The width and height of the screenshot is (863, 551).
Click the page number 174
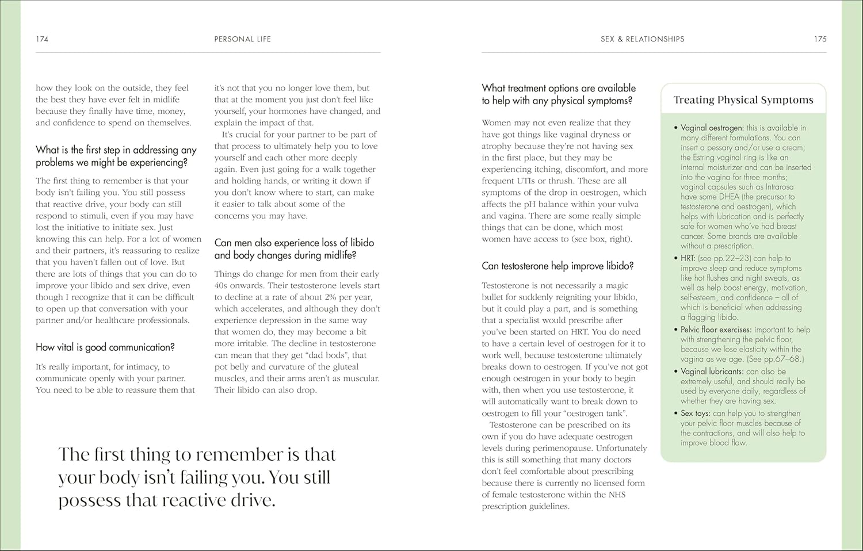point(42,39)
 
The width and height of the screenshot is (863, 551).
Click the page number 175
point(820,39)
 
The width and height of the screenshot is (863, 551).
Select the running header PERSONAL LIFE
point(242,39)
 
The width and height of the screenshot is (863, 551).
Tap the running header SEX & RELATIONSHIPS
point(642,39)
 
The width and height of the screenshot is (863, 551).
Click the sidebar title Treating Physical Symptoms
point(743,100)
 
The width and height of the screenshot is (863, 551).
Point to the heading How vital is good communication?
point(105,347)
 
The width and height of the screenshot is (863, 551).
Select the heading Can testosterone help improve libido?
point(557,266)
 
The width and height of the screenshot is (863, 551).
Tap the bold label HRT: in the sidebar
point(688,258)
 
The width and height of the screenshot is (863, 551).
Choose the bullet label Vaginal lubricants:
point(712,372)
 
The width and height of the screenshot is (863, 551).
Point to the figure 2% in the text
point(330,297)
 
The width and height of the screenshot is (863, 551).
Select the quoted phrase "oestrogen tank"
point(595,414)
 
